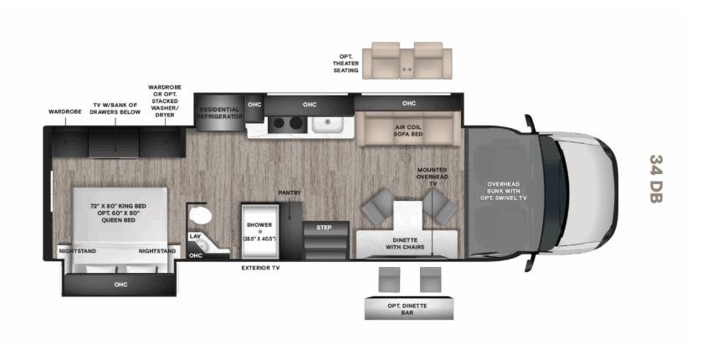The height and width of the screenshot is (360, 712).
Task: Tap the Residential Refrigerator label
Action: pos(220,113)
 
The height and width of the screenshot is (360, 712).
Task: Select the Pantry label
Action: pos(289,193)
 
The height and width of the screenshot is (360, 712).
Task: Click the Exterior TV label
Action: pos(259,269)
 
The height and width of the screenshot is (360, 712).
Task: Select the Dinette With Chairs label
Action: pos(405,244)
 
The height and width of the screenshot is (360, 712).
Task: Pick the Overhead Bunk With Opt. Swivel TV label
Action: pos(504,193)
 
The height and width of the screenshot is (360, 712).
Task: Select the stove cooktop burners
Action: pos(289,125)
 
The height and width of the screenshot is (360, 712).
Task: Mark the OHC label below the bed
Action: pos(120,285)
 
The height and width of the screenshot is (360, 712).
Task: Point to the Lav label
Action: pos(195,236)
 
